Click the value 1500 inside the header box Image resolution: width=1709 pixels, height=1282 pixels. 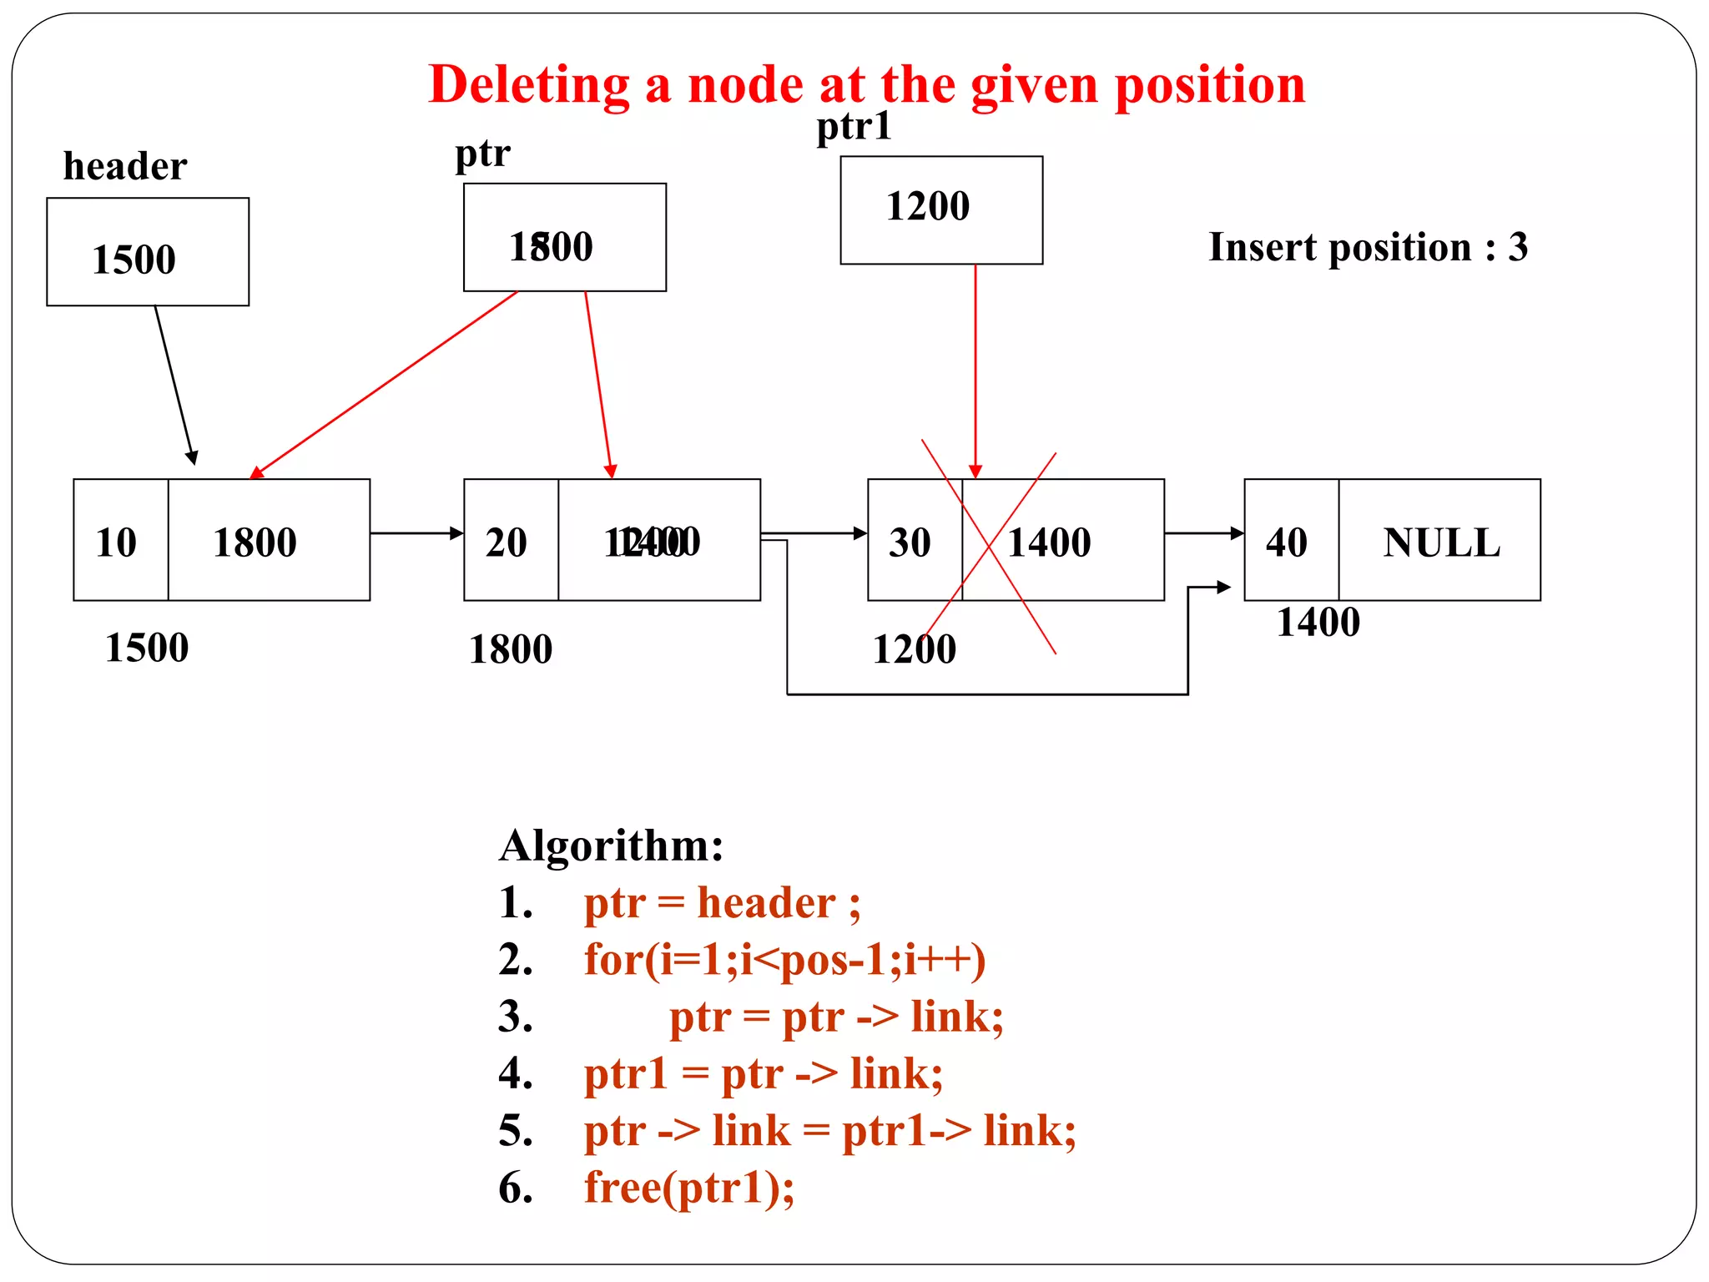tap(134, 260)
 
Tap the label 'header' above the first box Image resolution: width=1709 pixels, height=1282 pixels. tap(125, 166)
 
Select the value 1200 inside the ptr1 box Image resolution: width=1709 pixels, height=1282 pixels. tap(928, 206)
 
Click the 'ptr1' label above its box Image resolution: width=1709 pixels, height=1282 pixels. tap(854, 127)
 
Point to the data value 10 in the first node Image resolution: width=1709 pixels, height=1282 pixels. tap(116, 543)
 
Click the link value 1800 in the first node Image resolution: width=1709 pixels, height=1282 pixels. tap(255, 543)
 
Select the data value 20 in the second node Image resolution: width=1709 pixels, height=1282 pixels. tap(507, 543)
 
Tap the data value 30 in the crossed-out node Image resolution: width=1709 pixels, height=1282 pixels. tap(910, 543)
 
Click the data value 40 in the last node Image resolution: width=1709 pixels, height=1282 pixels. tap(1287, 543)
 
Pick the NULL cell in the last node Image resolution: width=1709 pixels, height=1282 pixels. tap(1441, 543)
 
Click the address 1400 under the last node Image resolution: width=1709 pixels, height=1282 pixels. tap(1318, 623)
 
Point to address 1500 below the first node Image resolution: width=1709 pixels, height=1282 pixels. tap(147, 649)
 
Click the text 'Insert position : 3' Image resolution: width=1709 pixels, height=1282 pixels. tap(1369, 247)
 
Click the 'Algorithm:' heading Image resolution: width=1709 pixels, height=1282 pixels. tap(611, 845)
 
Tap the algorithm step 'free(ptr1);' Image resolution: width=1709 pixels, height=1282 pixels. tap(689, 1187)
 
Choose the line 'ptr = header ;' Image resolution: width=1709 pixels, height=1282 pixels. tap(722, 903)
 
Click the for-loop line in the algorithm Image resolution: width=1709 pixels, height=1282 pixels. tap(784, 960)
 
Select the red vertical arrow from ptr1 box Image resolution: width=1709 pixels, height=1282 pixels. tap(975, 367)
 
